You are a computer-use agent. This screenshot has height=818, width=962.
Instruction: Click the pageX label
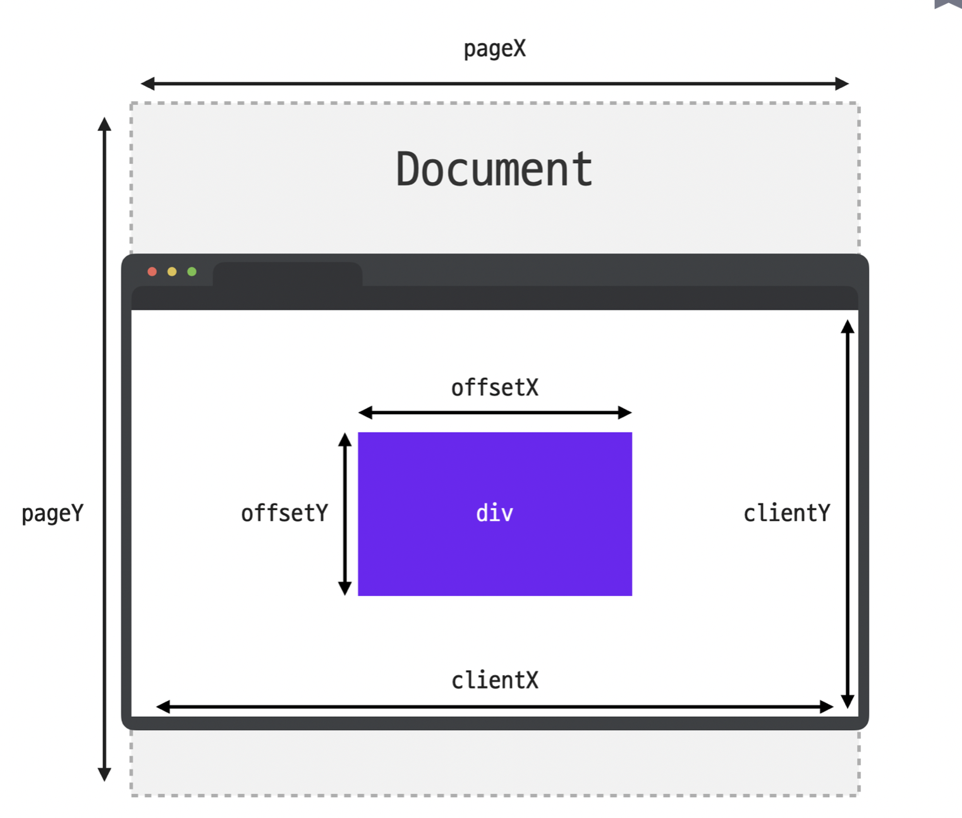pyautogui.click(x=494, y=49)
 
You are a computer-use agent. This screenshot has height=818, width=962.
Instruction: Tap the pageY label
pyautogui.click(x=52, y=513)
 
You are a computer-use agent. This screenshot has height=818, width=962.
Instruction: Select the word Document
pyautogui.click(x=494, y=169)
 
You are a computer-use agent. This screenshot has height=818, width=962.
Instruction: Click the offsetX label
pyautogui.click(x=494, y=388)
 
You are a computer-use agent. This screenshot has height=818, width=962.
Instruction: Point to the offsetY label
pyautogui.click(x=284, y=513)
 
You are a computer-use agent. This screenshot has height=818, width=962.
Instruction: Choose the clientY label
pyautogui.click(x=786, y=513)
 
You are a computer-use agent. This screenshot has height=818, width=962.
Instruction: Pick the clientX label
pyautogui.click(x=494, y=680)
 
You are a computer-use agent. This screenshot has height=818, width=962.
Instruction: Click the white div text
pyautogui.click(x=494, y=513)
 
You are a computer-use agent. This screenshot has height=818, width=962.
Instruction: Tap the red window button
pyautogui.click(x=152, y=272)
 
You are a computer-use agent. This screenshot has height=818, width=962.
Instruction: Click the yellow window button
pyautogui.click(x=172, y=272)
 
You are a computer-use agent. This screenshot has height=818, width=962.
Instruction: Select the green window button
pyautogui.click(x=192, y=272)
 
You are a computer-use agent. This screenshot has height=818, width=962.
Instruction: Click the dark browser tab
pyautogui.click(x=288, y=275)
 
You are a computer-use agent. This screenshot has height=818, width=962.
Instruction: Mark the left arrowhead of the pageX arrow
pyautogui.click(x=147, y=83)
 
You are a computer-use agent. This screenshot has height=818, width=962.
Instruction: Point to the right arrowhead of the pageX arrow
pyautogui.click(x=842, y=83)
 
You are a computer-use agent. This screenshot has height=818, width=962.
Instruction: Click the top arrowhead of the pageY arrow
pyautogui.click(x=104, y=124)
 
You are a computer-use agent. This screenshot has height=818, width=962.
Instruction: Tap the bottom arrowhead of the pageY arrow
pyautogui.click(x=104, y=774)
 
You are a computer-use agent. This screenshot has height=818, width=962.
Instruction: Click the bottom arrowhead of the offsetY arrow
pyautogui.click(x=344, y=589)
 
